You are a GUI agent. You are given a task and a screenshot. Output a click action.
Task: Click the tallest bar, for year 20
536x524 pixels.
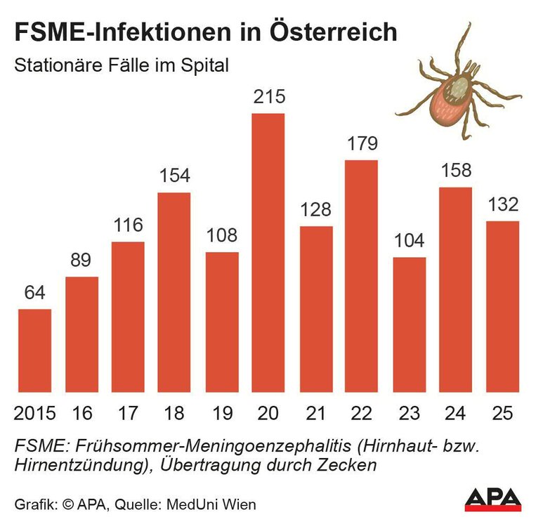[268, 252]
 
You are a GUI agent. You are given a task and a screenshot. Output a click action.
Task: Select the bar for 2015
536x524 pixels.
[35, 351]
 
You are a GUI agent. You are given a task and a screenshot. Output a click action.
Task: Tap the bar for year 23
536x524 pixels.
[408, 325]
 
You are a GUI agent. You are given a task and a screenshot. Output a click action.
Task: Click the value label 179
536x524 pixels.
[362, 144]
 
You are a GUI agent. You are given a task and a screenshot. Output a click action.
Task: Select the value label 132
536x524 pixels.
[502, 205]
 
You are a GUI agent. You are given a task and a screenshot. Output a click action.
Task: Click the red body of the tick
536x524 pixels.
[451, 100]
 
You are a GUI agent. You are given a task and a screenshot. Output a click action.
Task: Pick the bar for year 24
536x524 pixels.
[455, 289]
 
